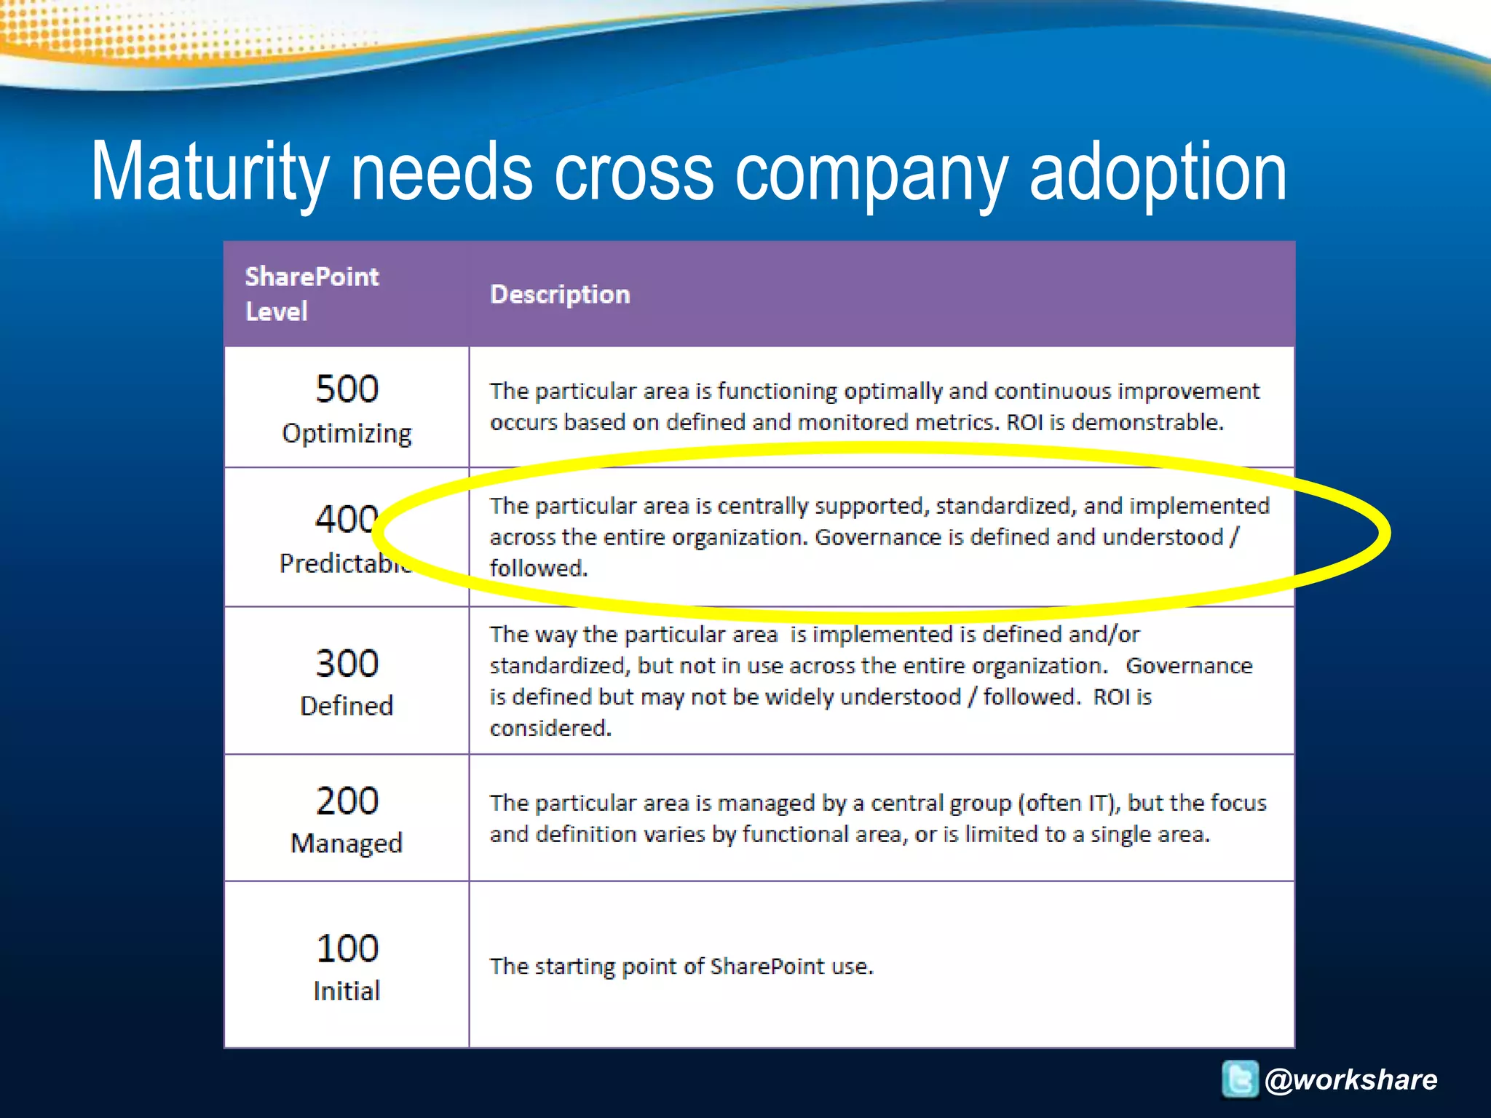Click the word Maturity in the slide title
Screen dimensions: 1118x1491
(209, 173)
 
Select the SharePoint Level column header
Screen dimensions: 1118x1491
(312, 293)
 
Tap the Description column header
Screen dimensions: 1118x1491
(560, 294)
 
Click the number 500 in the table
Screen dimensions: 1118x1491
(347, 389)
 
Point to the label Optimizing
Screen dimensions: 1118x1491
(347, 433)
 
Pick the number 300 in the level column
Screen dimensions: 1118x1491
(347, 663)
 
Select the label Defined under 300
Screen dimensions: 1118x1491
(347, 705)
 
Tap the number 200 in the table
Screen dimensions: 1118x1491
(347, 801)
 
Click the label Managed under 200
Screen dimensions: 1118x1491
(347, 843)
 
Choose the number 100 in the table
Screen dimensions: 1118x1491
(347, 948)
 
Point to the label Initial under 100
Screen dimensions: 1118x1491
(347, 991)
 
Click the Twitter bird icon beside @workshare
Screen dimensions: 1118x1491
(1240, 1079)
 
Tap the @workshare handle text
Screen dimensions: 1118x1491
(1351, 1079)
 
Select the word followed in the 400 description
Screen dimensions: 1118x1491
(538, 568)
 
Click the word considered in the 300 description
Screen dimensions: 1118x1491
(550, 728)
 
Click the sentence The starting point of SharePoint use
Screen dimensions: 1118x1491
(681, 967)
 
